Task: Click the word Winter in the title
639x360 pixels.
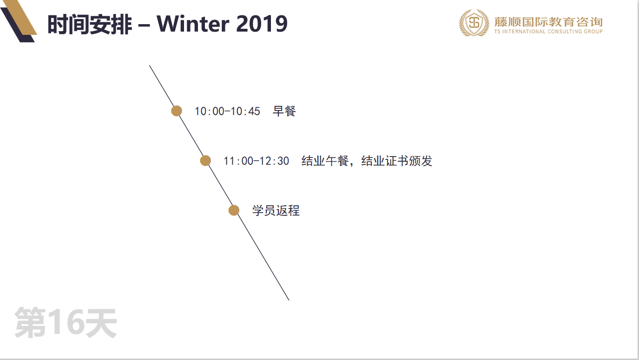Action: pyautogui.click(x=193, y=24)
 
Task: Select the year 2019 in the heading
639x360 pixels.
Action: pyautogui.click(x=262, y=24)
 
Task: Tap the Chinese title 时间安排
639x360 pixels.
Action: pyautogui.click(x=90, y=24)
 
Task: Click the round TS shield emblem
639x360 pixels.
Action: pyautogui.click(x=474, y=23)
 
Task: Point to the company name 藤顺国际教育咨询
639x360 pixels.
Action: pyautogui.click(x=548, y=22)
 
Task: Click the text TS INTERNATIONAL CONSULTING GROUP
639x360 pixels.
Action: pyautogui.click(x=548, y=31)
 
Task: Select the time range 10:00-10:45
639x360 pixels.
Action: pyautogui.click(x=227, y=111)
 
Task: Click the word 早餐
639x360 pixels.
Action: pyautogui.click(x=284, y=111)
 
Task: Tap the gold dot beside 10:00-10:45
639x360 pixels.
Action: pyautogui.click(x=177, y=111)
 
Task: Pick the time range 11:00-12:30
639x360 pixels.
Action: pyautogui.click(x=256, y=161)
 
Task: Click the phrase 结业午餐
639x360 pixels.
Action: pyautogui.click(x=325, y=161)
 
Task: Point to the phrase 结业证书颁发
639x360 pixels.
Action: pyautogui.click(x=397, y=161)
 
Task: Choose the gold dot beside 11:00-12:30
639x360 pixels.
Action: pyautogui.click(x=205, y=161)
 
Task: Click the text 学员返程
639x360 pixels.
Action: pyautogui.click(x=276, y=210)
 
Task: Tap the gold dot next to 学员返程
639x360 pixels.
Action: pyautogui.click(x=234, y=210)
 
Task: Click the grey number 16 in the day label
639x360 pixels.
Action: pyautogui.click(x=66, y=322)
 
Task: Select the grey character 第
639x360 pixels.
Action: pyautogui.click(x=30, y=322)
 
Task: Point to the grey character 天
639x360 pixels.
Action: pyautogui.click(x=101, y=322)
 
